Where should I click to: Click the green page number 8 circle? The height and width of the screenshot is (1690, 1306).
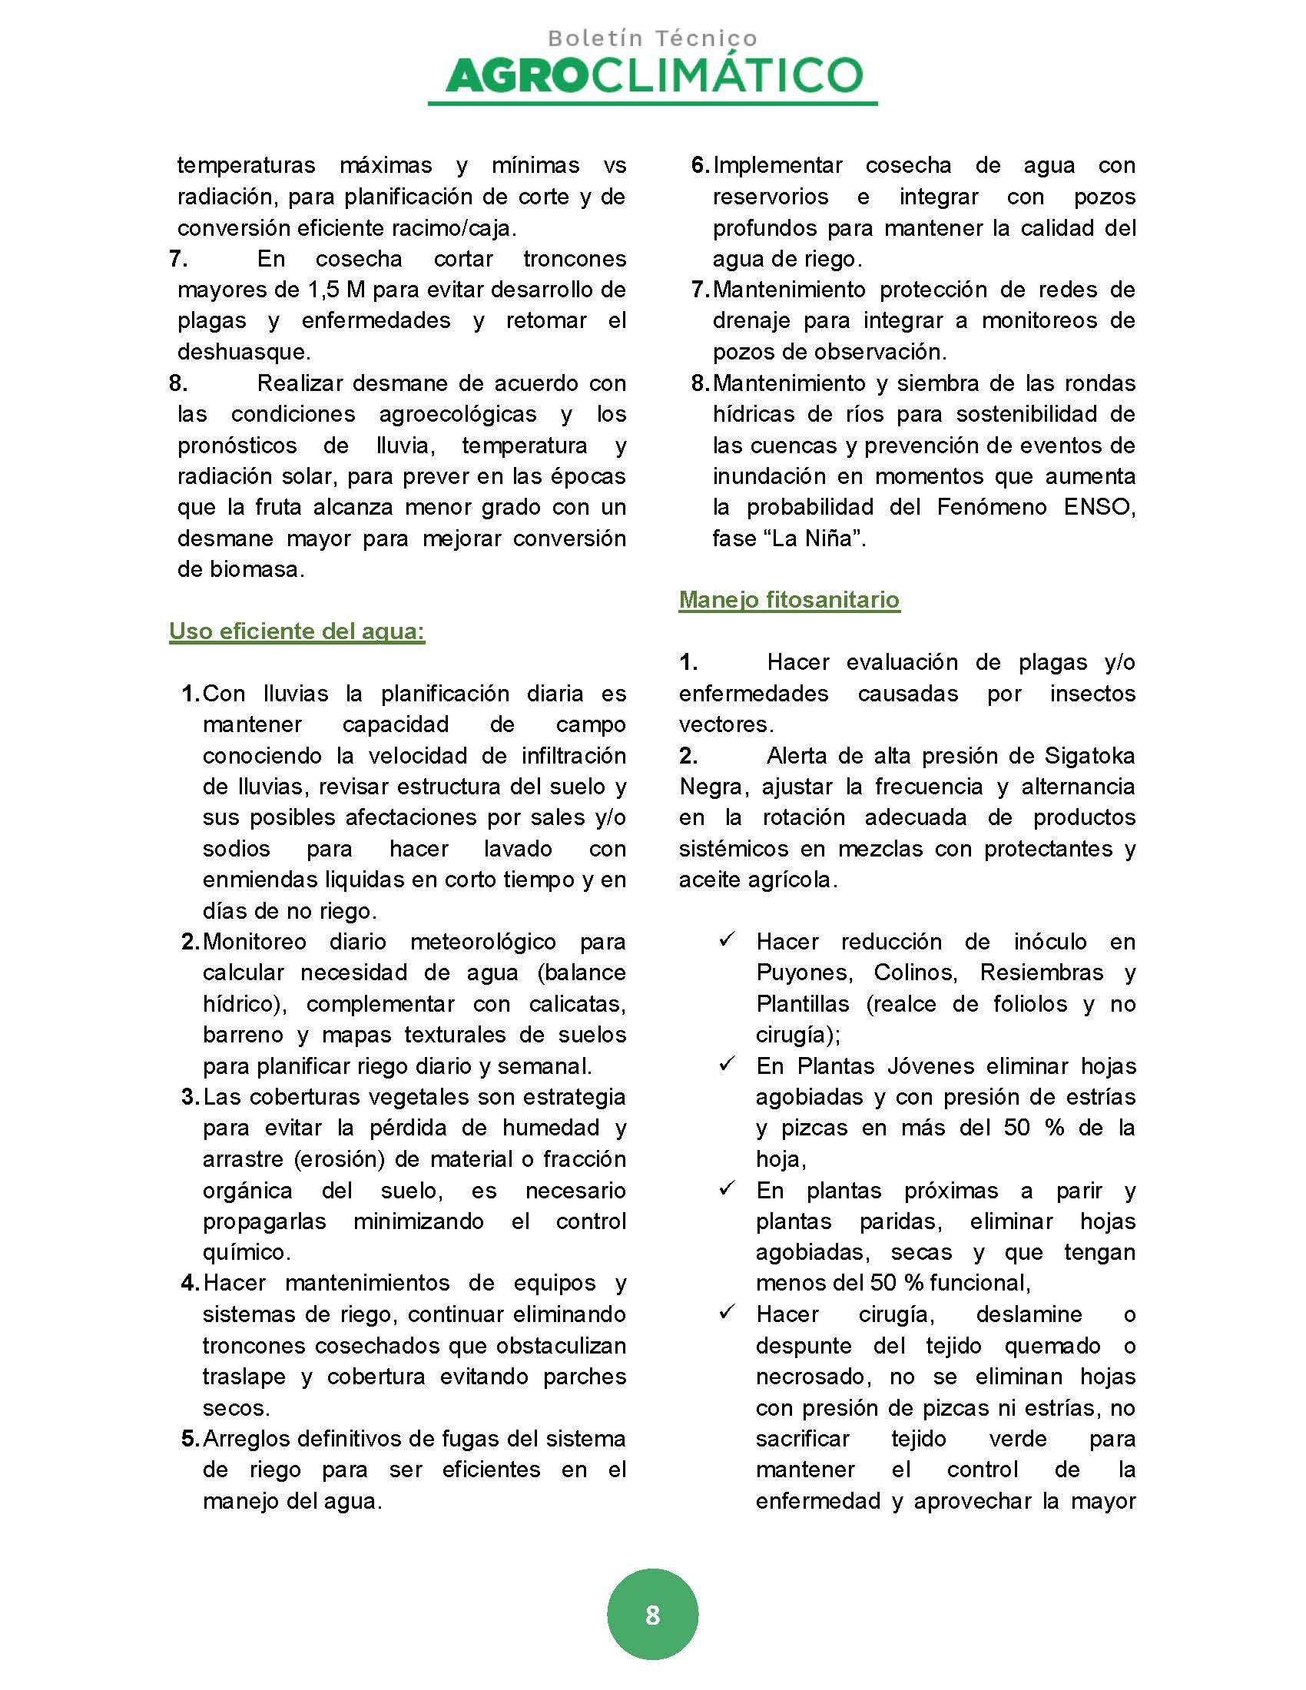pyautogui.click(x=652, y=1614)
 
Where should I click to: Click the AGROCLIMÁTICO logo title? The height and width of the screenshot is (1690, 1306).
pyautogui.click(x=654, y=76)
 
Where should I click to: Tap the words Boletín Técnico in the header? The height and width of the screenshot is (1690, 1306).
pyautogui.click(x=652, y=38)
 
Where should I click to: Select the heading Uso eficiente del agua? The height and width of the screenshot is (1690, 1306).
pyautogui.click(x=297, y=631)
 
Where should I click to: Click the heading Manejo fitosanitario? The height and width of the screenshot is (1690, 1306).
pyautogui.click(x=789, y=600)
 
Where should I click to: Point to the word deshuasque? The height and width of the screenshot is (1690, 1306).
pyautogui.click(x=243, y=352)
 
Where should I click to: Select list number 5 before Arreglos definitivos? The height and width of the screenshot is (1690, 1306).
pyautogui.click(x=191, y=1439)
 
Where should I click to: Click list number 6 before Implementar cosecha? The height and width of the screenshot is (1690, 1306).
pyautogui.click(x=699, y=166)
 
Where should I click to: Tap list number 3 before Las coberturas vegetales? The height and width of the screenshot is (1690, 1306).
pyautogui.click(x=191, y=1096)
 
